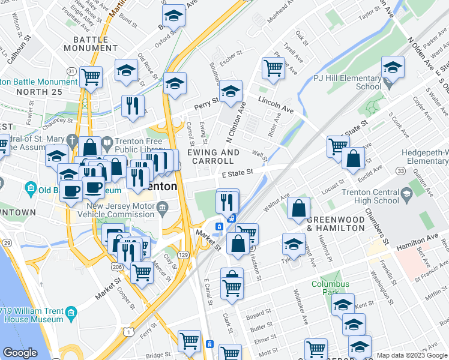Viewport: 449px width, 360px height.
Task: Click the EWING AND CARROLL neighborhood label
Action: [x=214, y=157]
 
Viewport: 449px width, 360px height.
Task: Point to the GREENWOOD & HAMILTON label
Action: [x=336, y=224]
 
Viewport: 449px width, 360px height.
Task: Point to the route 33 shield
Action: [x=400, y=172]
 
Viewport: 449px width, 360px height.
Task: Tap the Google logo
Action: [x=20, y=352]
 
